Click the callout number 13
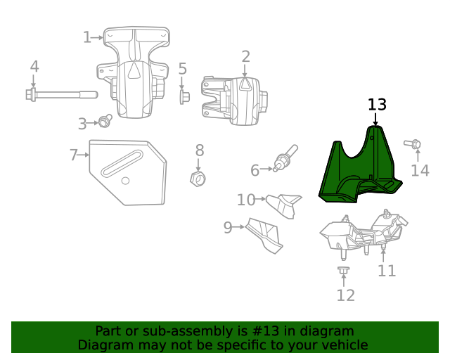click(377, 105)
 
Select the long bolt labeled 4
click(60, 94)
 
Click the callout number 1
click(87, 37)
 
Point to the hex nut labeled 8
click(198, 179)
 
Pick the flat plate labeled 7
click(130, 172)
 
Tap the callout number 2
click(245, 56)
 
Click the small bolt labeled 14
click(414, 146)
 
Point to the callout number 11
click(387, 271)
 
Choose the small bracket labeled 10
click(284, 205)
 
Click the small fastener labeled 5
click(184, 96)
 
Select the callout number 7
click(74, 155)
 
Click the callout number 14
click(420, 171)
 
